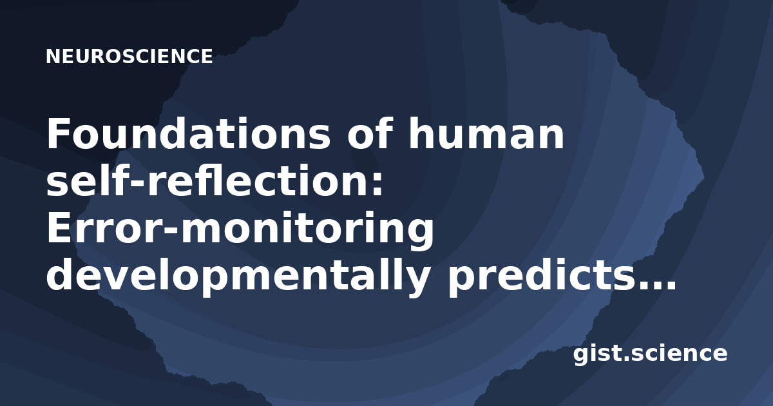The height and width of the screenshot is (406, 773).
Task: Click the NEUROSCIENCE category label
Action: pyautogui.click(x=129, y=56)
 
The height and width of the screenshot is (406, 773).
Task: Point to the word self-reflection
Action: pyautogui.click(x=207, y=180)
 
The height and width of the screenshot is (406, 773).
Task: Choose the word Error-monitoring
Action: pyautogui.click(x=240, y=229)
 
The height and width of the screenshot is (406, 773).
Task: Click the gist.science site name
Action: pyautogui.click(x=650, y=354)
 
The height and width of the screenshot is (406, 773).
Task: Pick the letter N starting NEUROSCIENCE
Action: pyautogui.click(x=53, y=56)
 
